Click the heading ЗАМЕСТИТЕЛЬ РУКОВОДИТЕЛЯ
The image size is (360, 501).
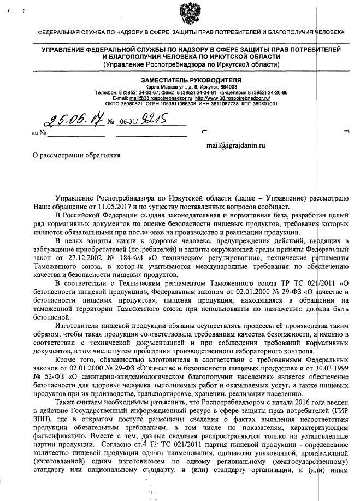[192, 80]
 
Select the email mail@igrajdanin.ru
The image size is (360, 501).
[235, 146]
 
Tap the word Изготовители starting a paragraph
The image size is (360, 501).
[78, 323]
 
